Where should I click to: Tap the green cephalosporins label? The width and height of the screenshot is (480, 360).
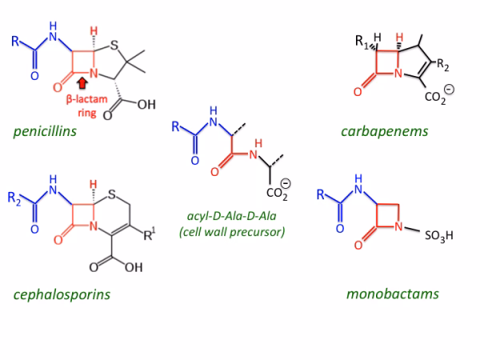[x=62, y=294]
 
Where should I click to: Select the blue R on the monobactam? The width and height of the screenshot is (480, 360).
[x=321, y=193]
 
